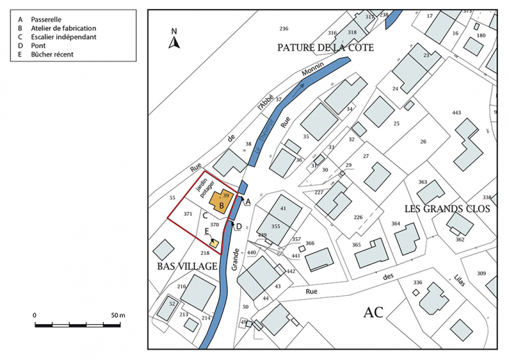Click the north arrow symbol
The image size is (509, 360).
click(x=174, y=39)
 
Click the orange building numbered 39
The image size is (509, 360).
click(x=221, y=201)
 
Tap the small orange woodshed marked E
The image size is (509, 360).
click(x=214, y=243)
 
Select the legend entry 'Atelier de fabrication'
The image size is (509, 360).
click(x=62, y=28)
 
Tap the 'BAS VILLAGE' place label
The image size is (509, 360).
click(x=187, y=266)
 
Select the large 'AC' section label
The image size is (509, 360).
click(x=377, y=312)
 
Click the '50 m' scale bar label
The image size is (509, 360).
click(x=117, y=315)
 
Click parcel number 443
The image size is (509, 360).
click(x=456, y=112)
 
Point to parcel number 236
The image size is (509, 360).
click(x=283, y=28)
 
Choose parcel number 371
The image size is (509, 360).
click(x=188, y=214)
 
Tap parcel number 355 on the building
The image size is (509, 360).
click(x=275, y=226)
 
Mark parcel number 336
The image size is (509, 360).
click(x=417, y=283)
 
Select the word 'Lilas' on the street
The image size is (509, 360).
click(x=457, y=281)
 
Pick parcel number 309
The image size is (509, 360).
click(x=481, y=274)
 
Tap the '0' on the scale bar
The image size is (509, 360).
click(x=34, y=315)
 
